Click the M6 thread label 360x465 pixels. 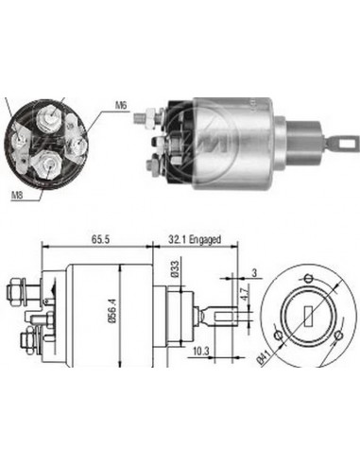pos(121,106)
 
